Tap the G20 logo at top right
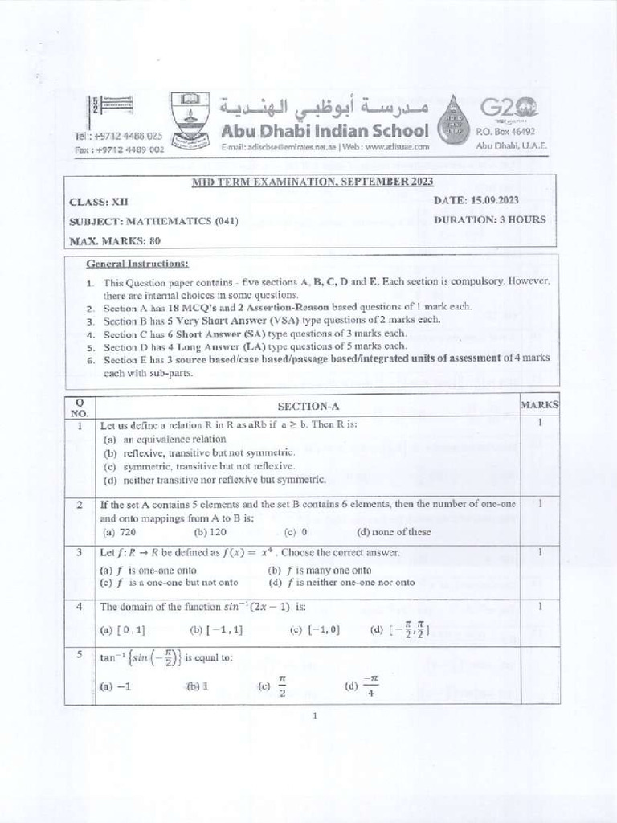coord(509,108)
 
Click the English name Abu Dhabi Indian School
coord(325,130)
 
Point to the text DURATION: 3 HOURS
coord(489,219)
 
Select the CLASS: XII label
coord(99,202)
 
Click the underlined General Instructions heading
coord(137,264)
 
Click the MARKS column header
coord(540,405)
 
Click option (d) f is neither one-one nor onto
coord(342,582)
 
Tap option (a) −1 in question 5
coord(115,686)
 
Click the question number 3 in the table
coord(80,552)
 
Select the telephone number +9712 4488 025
coord(128,137)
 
